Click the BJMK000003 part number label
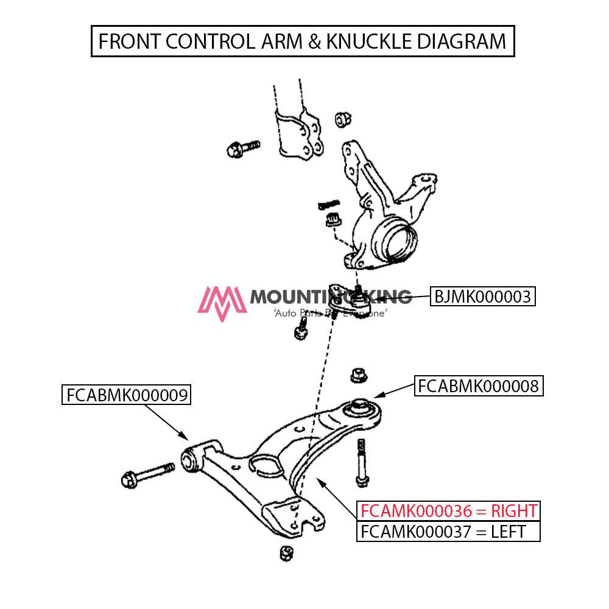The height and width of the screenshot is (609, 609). pos(483,297)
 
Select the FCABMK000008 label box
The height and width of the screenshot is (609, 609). pos(479,386)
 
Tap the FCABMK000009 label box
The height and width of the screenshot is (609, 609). pos(127,395)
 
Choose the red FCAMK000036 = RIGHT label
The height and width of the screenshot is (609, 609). pos(448,510)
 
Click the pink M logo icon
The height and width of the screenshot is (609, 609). pos(221,302)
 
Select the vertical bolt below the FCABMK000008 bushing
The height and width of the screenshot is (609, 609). pos(362,462)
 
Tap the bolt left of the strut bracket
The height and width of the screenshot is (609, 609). pos(242,147)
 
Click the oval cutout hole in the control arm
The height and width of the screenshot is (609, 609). pos(267,466)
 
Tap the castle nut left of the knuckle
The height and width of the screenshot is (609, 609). pos(333,220)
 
